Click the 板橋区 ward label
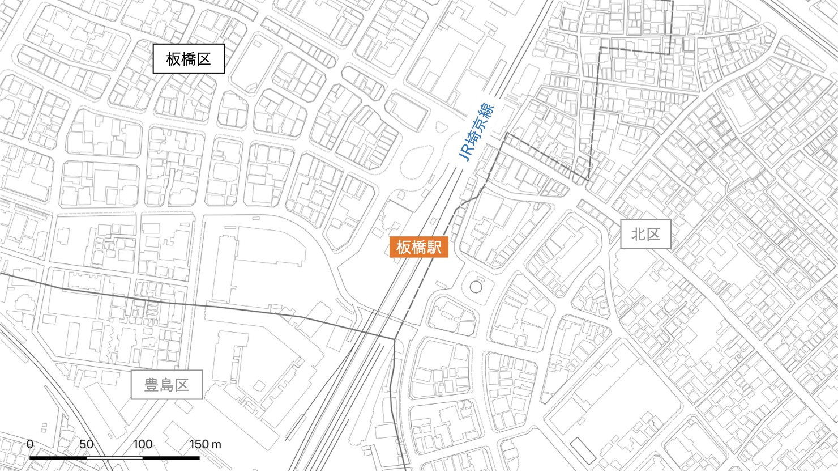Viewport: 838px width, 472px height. [x=189, y=58]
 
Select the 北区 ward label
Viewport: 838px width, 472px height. [x=645, y=234]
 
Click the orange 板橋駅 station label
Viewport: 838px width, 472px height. [x=418, y=247]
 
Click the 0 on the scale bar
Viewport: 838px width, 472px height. [x=31, y=444]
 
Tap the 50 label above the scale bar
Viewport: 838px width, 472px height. [x=86, y=444]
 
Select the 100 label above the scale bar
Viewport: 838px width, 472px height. [x=143, y=444]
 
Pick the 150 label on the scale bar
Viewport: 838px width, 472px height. [x=199, y=444]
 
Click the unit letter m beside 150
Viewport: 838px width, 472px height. [x=216, y=444]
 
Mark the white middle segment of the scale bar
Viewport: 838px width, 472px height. [x=114, y=457]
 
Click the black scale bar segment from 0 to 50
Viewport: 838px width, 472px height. [x=58, y=457]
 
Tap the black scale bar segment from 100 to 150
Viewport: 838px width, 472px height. [x=170, y=457]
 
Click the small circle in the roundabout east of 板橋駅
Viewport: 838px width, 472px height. [x=476, y=287]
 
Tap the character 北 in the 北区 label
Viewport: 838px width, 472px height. [x=638, y=234]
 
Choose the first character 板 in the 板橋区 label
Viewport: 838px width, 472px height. [x=174, y=58]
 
